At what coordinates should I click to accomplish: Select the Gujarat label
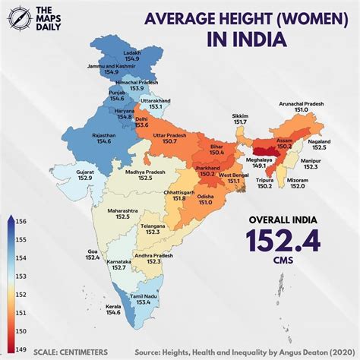click(x=85, y=172)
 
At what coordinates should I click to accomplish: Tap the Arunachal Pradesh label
click(x=302, y=103)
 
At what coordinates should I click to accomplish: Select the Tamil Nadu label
click(x=144, y=295)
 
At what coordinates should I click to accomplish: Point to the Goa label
click(x=93, y=250)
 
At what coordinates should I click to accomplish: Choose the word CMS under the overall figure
click(x=283, y=267)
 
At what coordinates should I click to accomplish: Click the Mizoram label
click(x=297, y=179)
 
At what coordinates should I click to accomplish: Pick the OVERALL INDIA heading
click(x=283, y=221)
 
